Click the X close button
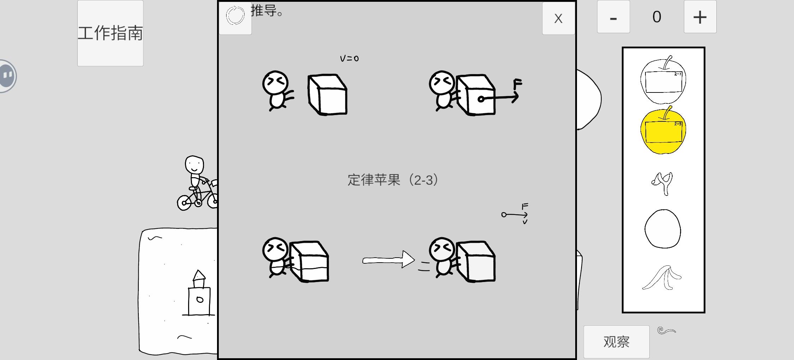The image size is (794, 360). (558, 18)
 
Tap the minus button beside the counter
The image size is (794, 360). (613, 17)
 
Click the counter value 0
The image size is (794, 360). (657, 17)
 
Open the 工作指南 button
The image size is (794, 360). (110, 33)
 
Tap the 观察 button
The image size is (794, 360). (616, 342)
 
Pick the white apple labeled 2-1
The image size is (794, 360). (663, 80)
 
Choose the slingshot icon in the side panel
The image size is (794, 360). (662, 184)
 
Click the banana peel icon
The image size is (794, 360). (662, 278)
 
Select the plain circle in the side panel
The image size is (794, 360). (663, 229)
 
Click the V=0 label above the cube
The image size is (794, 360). (349, 58)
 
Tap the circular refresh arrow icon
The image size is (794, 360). (235, 16)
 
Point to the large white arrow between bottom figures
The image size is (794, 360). (389, 260)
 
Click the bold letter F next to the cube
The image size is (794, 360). (517, 84)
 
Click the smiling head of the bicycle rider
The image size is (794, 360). (194, 165)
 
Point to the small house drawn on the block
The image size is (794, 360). (199, 293)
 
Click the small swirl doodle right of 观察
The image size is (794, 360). (667, 331)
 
